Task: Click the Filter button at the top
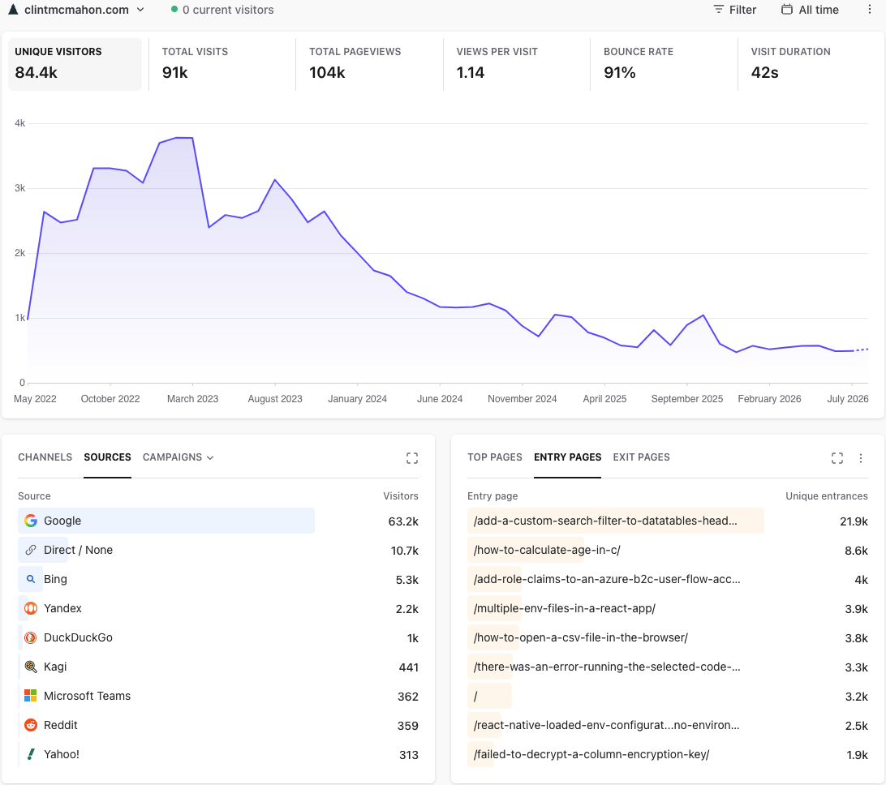734,10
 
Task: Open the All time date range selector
810,10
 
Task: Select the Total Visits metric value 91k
174,72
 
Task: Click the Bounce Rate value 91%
619,72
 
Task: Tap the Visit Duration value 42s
764,72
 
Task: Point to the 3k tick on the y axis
19,188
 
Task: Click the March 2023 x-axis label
192,399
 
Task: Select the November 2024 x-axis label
523,399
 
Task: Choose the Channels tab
45,457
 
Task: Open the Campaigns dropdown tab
178,457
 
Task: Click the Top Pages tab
494,457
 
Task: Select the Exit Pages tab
641,457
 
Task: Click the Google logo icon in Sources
31,521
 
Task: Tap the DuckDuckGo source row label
78,637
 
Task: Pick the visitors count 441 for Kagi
409,667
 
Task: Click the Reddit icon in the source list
31,725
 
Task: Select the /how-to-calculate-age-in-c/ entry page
547,550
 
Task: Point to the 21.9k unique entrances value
854,521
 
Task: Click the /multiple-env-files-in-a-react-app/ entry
565,608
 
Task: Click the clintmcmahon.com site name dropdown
76,10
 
